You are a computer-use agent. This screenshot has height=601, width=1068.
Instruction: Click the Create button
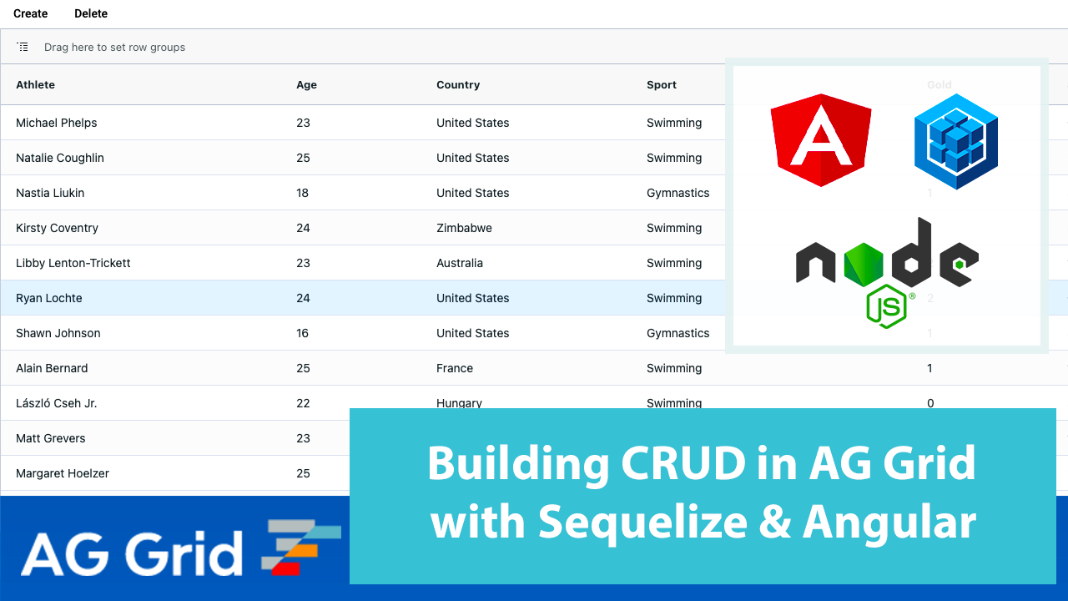(x=31, y=13)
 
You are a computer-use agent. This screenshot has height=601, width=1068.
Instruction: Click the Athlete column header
(x=36, y=84)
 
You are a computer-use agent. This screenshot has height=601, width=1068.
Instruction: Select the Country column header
(x=458, y=84)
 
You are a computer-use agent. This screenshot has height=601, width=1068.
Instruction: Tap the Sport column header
(x=662, y=84)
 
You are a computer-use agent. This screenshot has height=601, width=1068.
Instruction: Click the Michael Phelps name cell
(x=57, y=123)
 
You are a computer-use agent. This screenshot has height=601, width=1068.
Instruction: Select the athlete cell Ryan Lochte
(x=49, y=298)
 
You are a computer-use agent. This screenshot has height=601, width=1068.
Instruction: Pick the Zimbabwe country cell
(x=464, y=228)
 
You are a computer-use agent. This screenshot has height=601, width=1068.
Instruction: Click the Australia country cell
(x=460, y=263)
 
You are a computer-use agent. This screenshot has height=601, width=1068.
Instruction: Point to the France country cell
(x=455, y=368)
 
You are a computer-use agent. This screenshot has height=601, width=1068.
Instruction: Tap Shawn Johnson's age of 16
(x=302, y=333)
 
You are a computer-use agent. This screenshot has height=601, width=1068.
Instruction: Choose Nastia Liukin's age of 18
(x=302, y=193)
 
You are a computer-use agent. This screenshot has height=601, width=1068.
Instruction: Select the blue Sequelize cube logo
(x=956, y=141)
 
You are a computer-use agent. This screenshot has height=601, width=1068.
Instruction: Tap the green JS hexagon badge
(x=886, y=306)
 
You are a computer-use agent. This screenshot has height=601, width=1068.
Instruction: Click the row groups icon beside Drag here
(x=23, y=47)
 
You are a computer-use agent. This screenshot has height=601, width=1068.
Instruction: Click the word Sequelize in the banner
(x=643, y=523)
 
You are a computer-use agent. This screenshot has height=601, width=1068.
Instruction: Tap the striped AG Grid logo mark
(x=301, y=548)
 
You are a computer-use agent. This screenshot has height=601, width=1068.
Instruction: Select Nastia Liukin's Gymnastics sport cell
(x=678, y=193)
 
